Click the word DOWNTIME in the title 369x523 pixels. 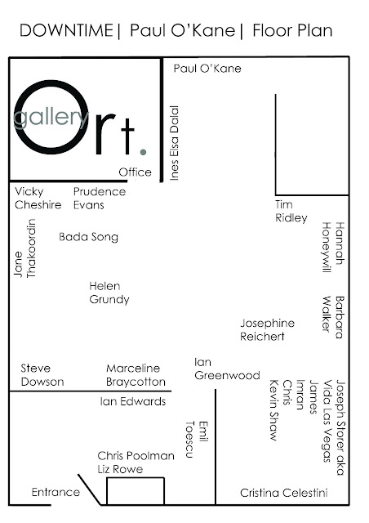tap(66, 31)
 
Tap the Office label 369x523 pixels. tap(135, 172)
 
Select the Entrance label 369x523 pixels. tap(56, 492)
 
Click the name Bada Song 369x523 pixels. tap(89, 237)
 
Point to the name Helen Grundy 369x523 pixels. tap(109, 293)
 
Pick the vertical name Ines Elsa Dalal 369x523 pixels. tap(175, 143)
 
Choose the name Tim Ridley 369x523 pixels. tap(291, 211)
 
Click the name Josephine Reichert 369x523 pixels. tap(267, 329)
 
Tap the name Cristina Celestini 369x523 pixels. tap(283, 493)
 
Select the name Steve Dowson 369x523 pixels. tap(42, 375)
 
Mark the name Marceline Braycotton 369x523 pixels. tap(136, 375)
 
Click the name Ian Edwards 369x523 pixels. tap(133, 401)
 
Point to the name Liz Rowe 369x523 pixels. tap(120, 469)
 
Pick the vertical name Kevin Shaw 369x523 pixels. tap(274, 410)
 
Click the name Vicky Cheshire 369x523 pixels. tap(38, 198)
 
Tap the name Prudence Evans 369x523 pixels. tap(100, 198)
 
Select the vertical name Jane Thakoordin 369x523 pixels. tap(25, 248)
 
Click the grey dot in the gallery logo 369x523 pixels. tap(144, 152)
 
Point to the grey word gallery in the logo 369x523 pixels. tap(51, 116)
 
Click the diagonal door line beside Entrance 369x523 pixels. tap(89, 489)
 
